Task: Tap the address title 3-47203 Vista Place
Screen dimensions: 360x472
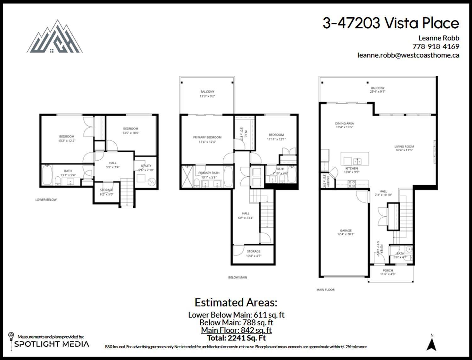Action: pyautogui.click(x=391, y=23)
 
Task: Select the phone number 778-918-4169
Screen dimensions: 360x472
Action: pyautogui.click(x=435, y=47)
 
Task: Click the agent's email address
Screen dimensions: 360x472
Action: pyautogui.click(x=408, y=55)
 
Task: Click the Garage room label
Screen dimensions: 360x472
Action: pyautogui.click(x=346, y=232)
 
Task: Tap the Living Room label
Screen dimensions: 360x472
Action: pyautogui.click(x=404, y=148)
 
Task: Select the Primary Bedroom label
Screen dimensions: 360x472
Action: pyautogui.click(x=207, y=140)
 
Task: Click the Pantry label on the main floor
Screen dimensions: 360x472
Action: pyautogui.click(x=326, y=181)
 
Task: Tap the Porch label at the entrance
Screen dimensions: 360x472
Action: pyautogui.click(x=388, y=272)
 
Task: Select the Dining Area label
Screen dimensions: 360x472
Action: pyautogui.click(x=344, y=125)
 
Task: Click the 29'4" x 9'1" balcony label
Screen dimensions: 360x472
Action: pyautogui.click(x=377, y=90)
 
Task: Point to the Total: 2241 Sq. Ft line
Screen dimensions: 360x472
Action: pyautogui.click(x=236, y=338)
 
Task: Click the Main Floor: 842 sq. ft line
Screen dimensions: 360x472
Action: pyautogui.click(x=236, y=330)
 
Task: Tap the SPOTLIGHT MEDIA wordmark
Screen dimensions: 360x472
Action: pyautogui.click(x=52, y=344)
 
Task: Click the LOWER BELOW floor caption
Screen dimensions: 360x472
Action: pyautogui.click(x=46, y=200)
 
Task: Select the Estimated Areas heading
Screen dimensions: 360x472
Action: pyautogui.click(x=236, y=302)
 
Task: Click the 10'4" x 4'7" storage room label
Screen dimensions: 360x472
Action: pyautogui.click(x=253, y=254)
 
